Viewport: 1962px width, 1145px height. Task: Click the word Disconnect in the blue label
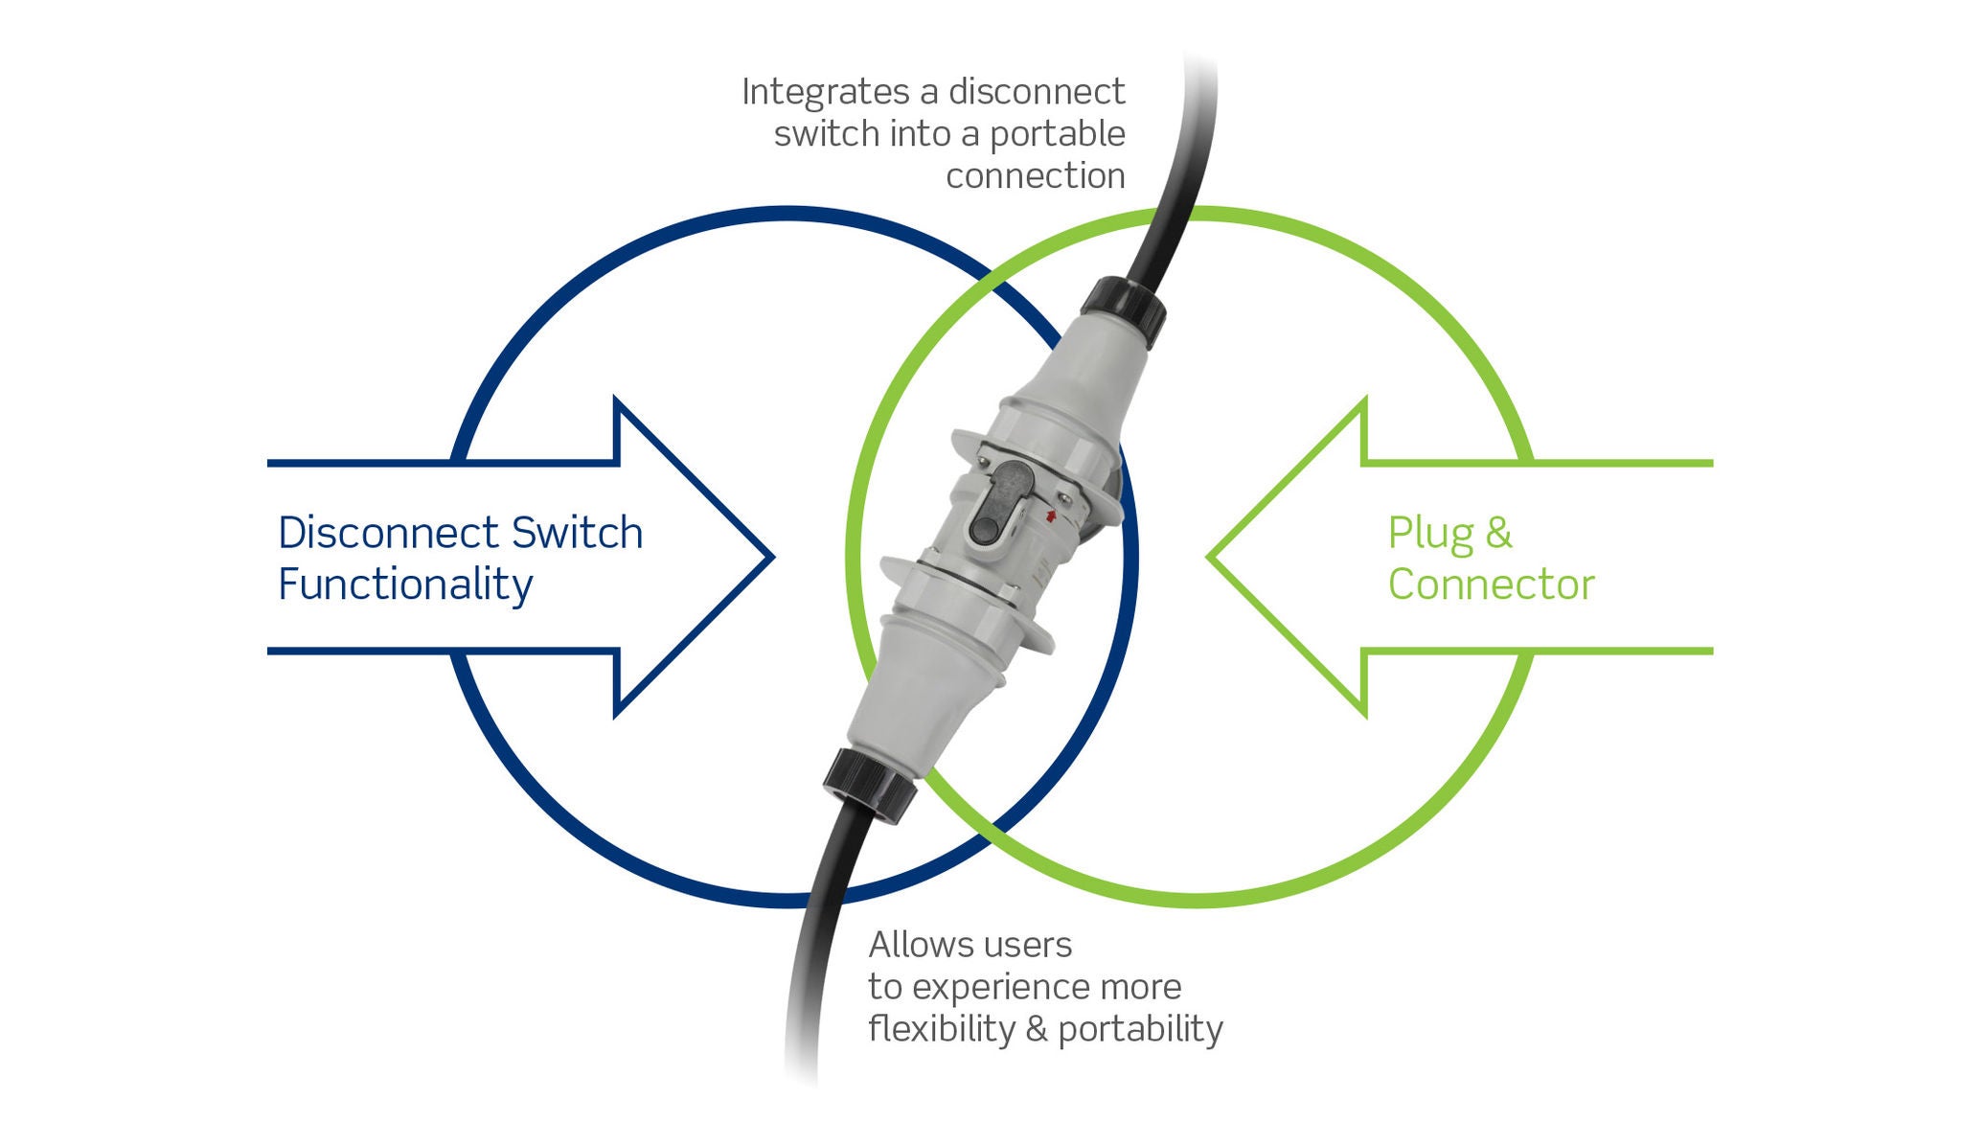388,533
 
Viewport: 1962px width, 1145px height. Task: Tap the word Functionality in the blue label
404,584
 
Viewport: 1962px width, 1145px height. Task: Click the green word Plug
1429,534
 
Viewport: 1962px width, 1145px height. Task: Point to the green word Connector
1491,584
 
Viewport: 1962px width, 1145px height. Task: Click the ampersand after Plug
1498,533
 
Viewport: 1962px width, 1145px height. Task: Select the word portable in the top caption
1057,134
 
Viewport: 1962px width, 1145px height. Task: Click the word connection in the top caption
1035,176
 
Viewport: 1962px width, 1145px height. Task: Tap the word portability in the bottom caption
1140,1030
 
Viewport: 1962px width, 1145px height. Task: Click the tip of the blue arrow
769,557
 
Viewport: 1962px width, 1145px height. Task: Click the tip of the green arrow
1211,557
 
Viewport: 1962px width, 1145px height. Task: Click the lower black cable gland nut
869,784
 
